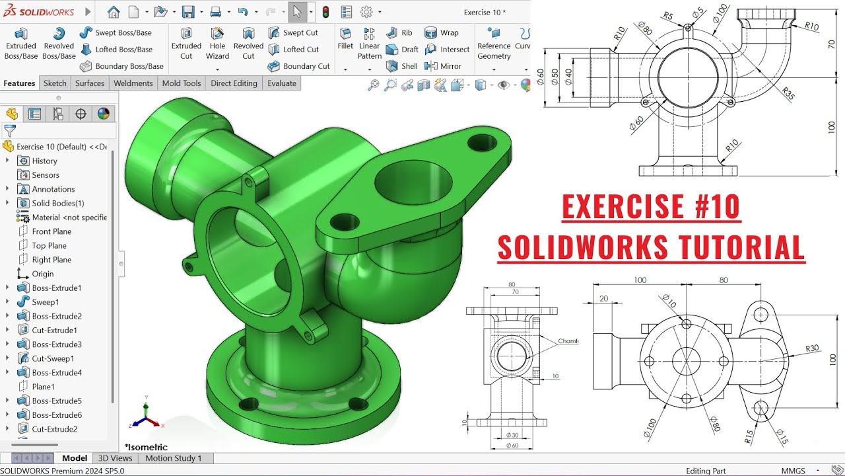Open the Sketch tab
click(55, 83)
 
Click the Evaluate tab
click(281, 83)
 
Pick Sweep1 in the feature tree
click(45, 302)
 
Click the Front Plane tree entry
click(51, 231)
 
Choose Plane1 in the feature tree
click(43, 387)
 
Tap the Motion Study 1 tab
click(174, 458)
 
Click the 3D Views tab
click(115, 458)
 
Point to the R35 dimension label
click(788, 93)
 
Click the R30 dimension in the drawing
click(811, 348)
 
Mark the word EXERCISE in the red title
click(620, 207)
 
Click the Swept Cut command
click(293, 32)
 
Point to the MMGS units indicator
click(793, 471)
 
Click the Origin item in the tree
click(42, 274)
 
